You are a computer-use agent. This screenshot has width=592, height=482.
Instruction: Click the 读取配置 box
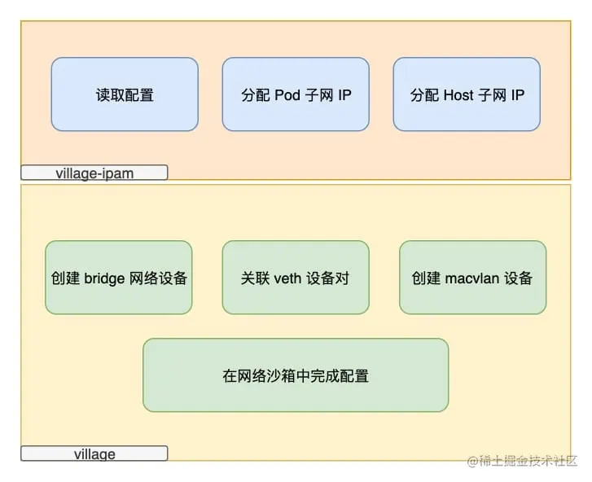coord(125,94)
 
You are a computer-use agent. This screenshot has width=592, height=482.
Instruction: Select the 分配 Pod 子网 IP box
coord(296,94)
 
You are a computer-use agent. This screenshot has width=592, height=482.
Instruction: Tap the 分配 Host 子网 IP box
coord(467,94)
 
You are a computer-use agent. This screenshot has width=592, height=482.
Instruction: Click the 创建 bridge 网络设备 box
coord(119,278)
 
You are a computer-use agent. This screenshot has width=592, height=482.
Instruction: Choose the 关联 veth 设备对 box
coord(296,278)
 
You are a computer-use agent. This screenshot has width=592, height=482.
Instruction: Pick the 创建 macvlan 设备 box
coord(472,278)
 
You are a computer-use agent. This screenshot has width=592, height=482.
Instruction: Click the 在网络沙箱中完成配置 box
coord(296,375)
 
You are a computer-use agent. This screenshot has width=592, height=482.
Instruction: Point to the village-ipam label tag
coord(94,173)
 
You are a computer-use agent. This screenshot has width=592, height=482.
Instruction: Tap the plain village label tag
coord(94,454)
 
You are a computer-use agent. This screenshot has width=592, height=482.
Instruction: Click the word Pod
coord(287,95)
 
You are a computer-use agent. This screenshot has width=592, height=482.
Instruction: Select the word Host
coord(458,95)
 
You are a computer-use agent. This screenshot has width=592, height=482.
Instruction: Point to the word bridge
coord(105,278)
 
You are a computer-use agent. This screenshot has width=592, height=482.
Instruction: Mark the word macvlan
coord(471,278)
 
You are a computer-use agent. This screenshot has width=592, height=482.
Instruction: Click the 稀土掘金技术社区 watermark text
coord(527,461)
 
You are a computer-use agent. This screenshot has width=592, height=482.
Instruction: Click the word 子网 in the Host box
coord(491,95)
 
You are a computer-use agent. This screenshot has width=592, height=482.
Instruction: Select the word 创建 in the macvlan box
coord(426,278)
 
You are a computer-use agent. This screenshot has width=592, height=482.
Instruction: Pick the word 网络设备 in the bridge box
coord(159,278)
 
